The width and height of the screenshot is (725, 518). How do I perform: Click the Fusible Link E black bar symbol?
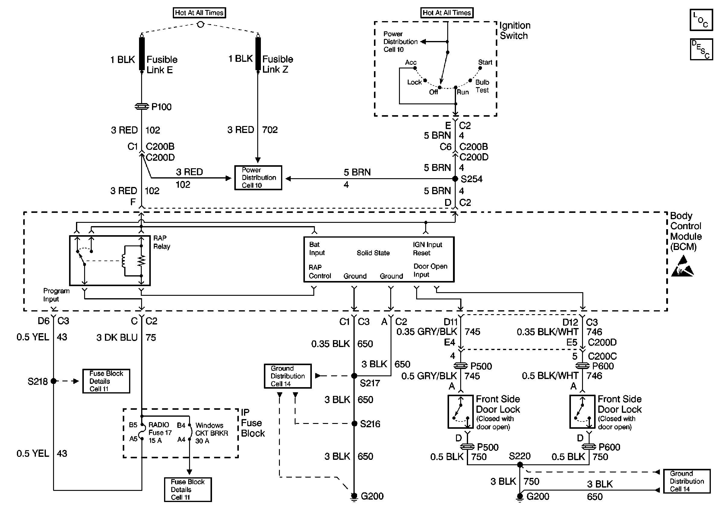pos(142,54)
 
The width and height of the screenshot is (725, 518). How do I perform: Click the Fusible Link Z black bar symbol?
pos(258,54)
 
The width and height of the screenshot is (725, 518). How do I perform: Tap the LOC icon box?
pos(701,20)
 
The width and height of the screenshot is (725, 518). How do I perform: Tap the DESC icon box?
pos(701,49)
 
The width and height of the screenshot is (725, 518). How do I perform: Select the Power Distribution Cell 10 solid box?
pos(258,178)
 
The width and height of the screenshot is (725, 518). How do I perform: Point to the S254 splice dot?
pos(455,178)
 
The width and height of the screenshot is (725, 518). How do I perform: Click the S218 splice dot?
pos(54,381)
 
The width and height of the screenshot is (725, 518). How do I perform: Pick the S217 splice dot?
pos(354,376)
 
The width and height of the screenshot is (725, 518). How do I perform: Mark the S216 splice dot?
pos(354,424)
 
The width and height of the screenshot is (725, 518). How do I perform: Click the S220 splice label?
pos(520,456)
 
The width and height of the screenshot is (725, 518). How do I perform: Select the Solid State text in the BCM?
pos(373,253)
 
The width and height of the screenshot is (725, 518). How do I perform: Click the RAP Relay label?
pos(162,242)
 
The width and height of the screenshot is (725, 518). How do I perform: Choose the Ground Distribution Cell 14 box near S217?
pos(288,376)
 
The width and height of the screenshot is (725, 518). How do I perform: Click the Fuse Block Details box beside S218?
pos(106,381)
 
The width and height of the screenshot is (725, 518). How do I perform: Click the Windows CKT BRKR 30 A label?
pos(211,433)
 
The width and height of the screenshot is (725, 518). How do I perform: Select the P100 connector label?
pos(161,107)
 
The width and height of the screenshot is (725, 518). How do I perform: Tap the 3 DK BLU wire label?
pos(117,337)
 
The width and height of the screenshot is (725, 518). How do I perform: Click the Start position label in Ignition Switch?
pos(485,62)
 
